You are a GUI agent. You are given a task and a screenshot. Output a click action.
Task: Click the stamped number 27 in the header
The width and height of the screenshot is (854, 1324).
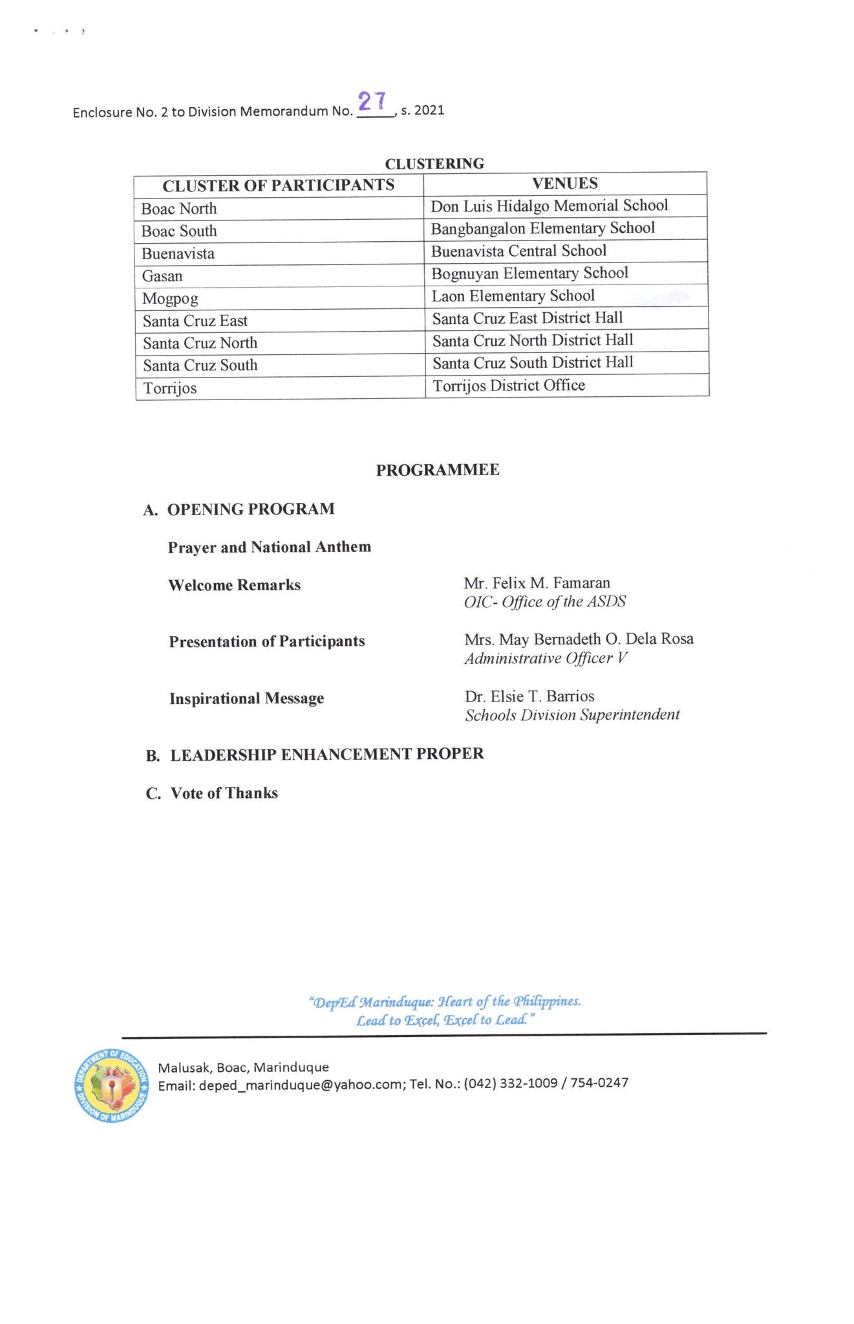[x=372, y=101]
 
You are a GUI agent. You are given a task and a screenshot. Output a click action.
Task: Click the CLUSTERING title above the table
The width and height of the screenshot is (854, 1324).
[x=434, y=164]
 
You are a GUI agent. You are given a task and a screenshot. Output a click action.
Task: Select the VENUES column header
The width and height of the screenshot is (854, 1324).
[x=564, y=184]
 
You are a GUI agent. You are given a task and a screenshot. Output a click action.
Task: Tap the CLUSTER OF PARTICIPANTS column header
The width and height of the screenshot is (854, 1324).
[x=278, y=186]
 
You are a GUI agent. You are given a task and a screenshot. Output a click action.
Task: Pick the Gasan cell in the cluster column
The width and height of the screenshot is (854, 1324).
[x=162, y=276]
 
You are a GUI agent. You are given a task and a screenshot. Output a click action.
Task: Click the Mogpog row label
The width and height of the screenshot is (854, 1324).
[x=170, y=299]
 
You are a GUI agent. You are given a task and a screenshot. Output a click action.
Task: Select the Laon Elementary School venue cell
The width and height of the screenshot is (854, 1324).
[x=513, y=296]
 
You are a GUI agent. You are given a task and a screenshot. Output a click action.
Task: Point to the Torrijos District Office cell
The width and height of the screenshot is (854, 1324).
[x=509, y=386]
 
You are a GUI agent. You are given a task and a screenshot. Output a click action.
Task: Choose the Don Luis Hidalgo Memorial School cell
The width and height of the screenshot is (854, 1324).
[x=549, y=206]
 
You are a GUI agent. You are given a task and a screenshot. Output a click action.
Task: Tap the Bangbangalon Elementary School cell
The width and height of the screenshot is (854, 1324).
[x=542, y=228]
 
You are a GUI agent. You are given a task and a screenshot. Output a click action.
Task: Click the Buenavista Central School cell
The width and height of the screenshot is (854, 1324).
[x=518, y=251]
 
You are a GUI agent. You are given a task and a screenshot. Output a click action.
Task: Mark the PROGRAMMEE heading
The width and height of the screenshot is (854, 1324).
[x=438, y=470]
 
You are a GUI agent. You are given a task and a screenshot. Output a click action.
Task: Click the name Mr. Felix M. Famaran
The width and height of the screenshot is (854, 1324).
[x=537, y=583]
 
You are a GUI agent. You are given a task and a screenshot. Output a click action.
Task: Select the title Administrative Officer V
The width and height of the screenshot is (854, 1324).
[x=546, y=658]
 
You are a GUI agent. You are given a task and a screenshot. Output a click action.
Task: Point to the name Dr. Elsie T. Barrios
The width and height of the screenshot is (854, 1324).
[x=529, y=696]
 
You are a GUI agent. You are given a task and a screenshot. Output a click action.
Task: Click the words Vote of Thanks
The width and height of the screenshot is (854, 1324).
[x=224, y=793]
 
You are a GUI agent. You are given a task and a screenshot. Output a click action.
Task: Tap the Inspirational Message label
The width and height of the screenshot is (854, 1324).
[x=246, y=699]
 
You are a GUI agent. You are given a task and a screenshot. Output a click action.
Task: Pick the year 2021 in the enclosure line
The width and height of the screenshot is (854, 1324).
[x=429, y=110]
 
